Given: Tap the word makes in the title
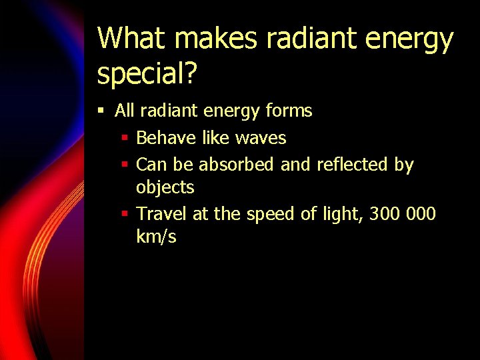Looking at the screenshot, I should click(215, 39).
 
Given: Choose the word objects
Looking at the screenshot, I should click(165, 188).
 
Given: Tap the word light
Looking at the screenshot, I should click(343, 215).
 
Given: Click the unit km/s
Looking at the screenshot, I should click(156, 237).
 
